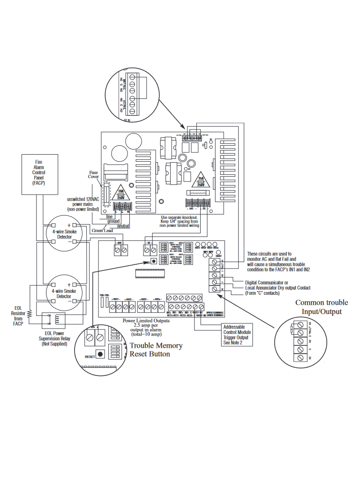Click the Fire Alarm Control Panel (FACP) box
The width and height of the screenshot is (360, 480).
[38, 173]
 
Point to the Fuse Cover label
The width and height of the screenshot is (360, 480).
[94, 174]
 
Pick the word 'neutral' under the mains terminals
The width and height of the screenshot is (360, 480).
[120, 226]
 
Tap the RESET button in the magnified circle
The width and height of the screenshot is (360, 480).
[99, 354]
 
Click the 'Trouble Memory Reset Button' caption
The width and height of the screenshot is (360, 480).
[156, 350]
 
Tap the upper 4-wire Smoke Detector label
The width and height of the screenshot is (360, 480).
[64, 234]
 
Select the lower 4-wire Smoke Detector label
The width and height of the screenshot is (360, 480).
[64, 293]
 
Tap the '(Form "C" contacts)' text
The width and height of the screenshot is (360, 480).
[262, 293]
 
